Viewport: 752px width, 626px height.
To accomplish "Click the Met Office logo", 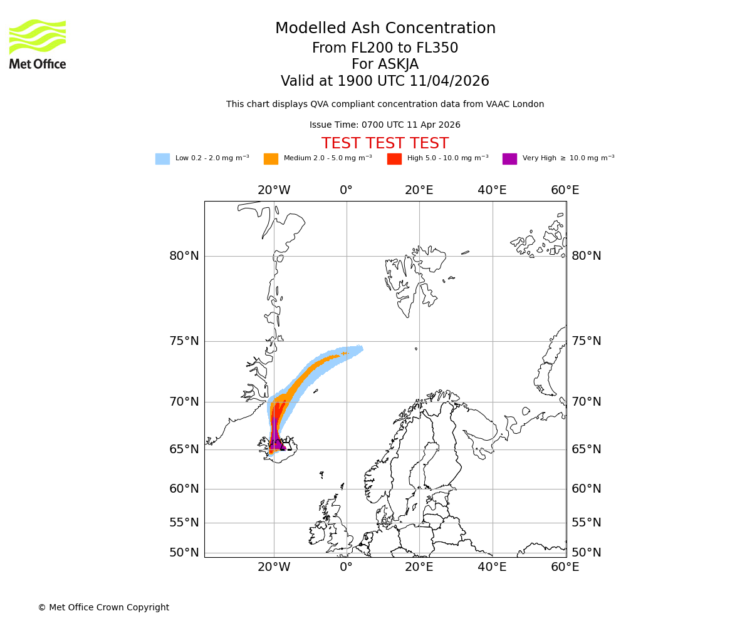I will pos(38,44).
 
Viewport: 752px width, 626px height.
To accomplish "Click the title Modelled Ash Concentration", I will pos(385,29).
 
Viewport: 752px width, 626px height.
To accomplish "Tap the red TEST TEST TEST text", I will pos(385,143).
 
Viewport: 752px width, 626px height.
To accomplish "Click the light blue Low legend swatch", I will pos(162,159).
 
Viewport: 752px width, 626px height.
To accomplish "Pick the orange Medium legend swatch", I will pos(271,159).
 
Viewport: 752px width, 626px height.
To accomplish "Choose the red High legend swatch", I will pos(394,159).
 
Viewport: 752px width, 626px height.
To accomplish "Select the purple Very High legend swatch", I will pos(509,159).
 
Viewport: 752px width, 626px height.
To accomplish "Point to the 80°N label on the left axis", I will pos(184,256).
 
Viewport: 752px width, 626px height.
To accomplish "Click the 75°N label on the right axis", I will pos(586,341).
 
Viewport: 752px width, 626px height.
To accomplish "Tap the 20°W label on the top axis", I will pos(274,190).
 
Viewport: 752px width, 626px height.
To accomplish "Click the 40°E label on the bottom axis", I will pos(492,567).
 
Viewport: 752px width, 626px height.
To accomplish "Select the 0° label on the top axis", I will pos(347,190).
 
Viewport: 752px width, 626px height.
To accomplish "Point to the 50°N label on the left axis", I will pos(184,553).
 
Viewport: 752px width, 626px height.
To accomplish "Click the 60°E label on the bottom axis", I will pos(565,567).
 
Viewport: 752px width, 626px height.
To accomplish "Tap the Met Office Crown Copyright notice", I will pos(103,607).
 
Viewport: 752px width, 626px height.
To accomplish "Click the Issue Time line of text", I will pos(385,125).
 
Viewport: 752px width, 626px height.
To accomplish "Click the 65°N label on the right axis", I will pos(586,449).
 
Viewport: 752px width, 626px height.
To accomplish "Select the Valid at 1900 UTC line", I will pos(385,81).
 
